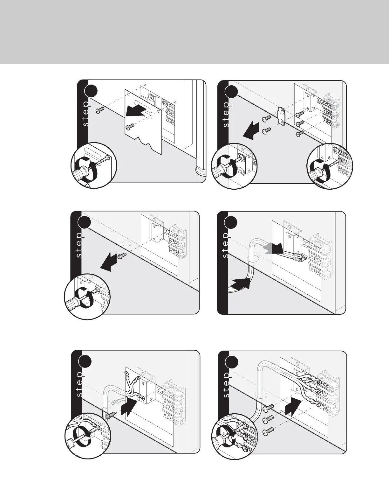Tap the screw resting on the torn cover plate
[x=130, y=127]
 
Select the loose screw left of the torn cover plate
[x=100, y=110]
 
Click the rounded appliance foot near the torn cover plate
[x=200, y=171]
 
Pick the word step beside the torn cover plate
[x=86, y=114]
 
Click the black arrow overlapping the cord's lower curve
[x=241, y=283]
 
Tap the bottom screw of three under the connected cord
[x=268, y=431]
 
